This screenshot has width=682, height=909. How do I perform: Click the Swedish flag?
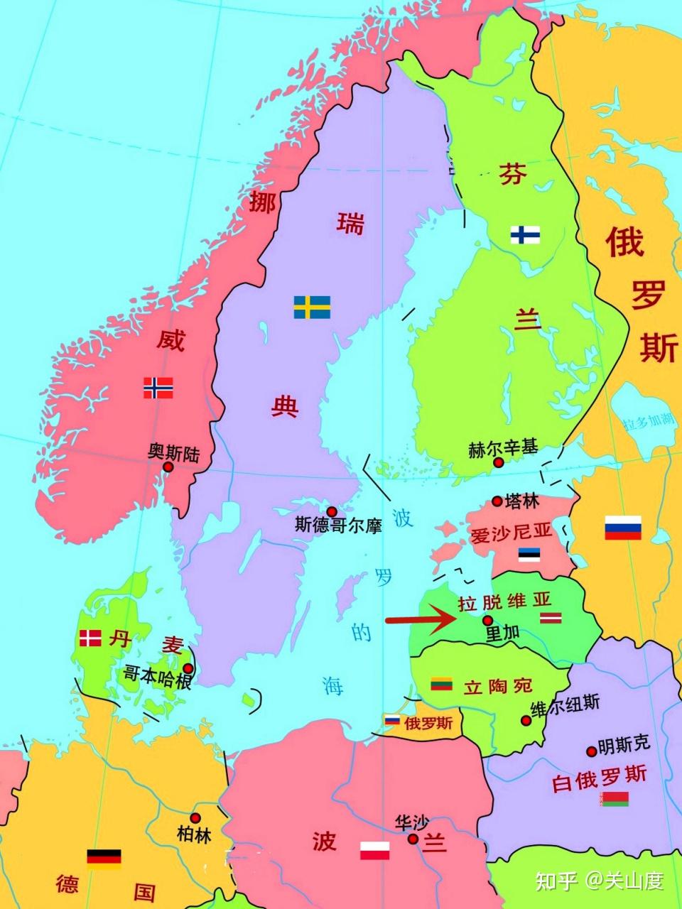coord(312,307)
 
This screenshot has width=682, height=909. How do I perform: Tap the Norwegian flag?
coord(158,387)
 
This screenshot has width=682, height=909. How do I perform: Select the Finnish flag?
coord(525,234)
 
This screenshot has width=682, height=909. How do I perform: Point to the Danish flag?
coord(90,638)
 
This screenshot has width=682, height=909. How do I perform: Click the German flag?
coord(104,859)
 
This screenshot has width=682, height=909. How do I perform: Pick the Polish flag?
coord(374,849)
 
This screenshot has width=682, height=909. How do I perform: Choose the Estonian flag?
coord(529,554)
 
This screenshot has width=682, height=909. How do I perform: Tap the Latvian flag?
coord(551,618)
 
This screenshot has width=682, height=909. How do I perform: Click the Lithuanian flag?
coord(442,684)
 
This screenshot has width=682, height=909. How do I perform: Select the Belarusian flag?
coord(614,800)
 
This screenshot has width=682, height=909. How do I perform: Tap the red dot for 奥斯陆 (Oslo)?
coord(168,467)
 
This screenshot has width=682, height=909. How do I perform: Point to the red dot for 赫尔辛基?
coord(499,462)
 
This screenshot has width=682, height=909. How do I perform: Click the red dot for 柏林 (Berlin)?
coord(195,818)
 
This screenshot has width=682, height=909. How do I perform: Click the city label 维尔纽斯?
coord(565,704)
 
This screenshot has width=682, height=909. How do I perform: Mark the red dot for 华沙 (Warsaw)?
coord(413,839)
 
